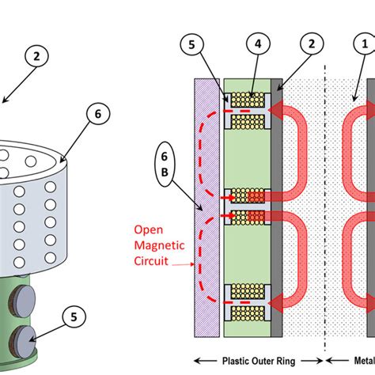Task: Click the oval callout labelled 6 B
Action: click(x=165, y=165)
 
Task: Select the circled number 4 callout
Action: click(x=258, y=44)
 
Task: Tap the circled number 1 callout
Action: click(x=366, y=44)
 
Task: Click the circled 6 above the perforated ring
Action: click(x=98, y=114)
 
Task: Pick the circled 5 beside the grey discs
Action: click(x=74, y=316)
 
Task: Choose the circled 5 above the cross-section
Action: click(x=191, y=44)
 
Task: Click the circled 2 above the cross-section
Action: click(x=312, y=44)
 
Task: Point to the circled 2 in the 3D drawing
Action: click(x=36, y=56)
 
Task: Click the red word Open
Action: click(x=149, y=230)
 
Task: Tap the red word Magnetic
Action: click(x=159, y=245)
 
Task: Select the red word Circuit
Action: click(x=151, y=261)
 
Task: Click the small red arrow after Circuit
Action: click(x=184, y=264)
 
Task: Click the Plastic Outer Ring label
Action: click(x=259, y=361)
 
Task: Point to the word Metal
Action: click(x=365, y=361)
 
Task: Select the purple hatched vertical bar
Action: click(x=207, y=208)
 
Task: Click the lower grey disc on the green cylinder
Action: click(x=23, y=342)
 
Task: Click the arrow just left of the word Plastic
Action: click(x=206, y=361)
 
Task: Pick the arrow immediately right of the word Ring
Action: click(x=312, y=361)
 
